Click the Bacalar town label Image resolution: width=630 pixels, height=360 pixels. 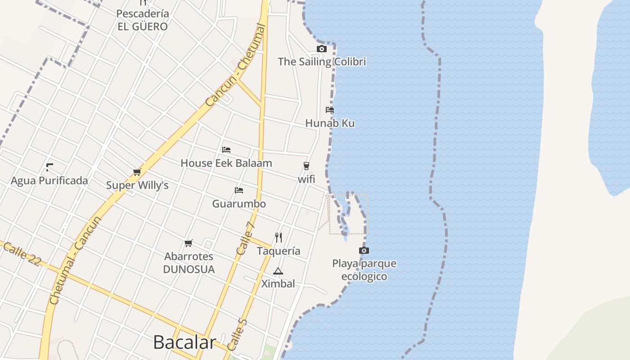point(184,342)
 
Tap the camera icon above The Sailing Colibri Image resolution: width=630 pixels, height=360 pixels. point(321,49)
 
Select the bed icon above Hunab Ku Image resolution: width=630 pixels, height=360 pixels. point(330,109)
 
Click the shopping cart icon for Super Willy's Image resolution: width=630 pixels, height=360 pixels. point(137,172)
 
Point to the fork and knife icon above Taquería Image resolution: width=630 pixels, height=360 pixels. point(279,237)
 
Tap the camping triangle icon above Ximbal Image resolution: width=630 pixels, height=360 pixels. point(278,271)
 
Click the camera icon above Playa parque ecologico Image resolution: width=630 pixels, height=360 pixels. point(364,250)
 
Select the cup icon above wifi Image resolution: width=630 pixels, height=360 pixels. point(306,166)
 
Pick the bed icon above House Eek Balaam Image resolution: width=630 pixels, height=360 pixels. point(226,149)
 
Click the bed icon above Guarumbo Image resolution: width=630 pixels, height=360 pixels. point(239,190)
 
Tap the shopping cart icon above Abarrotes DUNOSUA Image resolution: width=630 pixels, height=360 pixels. point(189,243)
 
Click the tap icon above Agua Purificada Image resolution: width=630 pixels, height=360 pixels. point(49,167)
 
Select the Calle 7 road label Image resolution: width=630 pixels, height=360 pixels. point(246,238)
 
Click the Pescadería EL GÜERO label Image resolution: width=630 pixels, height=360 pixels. point(143,20)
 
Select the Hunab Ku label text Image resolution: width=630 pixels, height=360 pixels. point(330,123)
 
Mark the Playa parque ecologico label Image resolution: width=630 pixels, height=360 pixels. point(364,270)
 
